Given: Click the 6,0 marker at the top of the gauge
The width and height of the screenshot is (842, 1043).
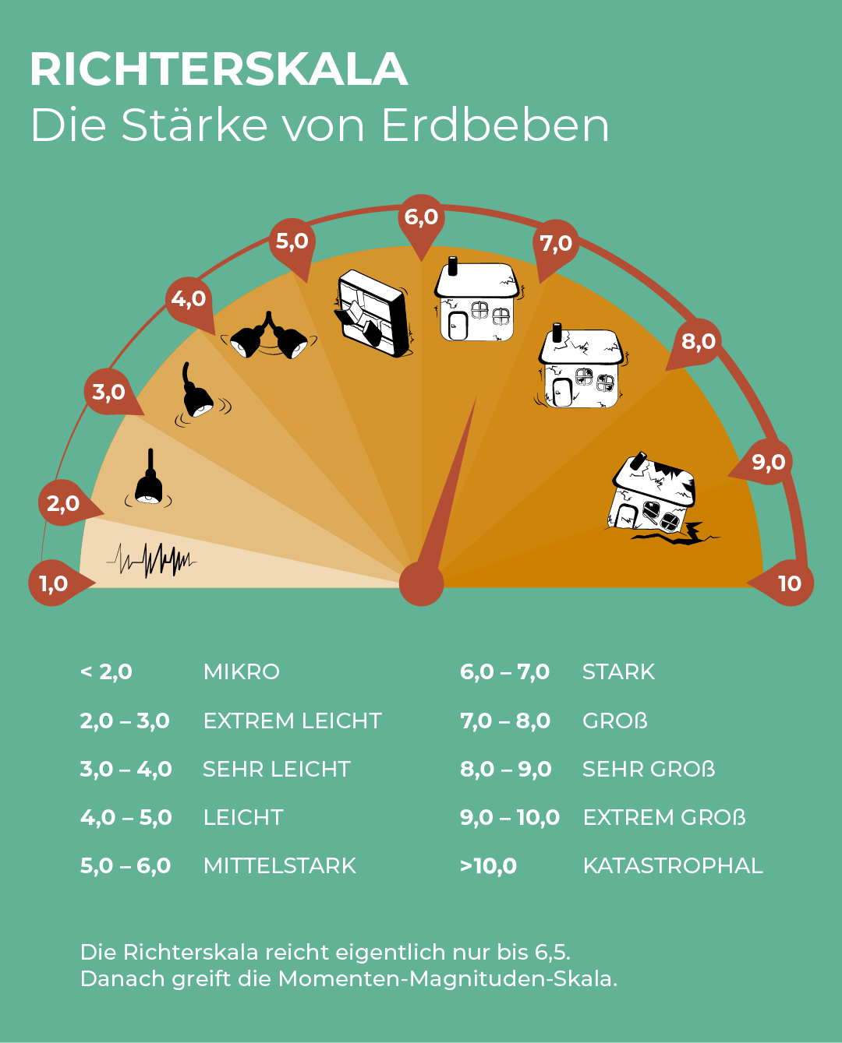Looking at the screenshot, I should click(x=421, y=217).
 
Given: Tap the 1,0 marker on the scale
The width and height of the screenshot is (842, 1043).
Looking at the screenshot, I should click(x=53, y=583).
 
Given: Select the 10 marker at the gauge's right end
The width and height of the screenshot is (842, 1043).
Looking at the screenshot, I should click(x=789, y=583).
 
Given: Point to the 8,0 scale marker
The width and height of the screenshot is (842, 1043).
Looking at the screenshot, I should click(x=698, y=341).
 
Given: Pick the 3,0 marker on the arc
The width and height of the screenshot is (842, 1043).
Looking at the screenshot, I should click(x=108, y=392).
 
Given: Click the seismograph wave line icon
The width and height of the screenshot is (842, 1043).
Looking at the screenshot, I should click(x=153, y=558).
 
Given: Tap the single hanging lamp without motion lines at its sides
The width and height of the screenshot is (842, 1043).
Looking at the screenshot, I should click(x=148, y=481).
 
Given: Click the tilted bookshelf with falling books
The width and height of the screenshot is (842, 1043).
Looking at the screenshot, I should click(x=373, y=313).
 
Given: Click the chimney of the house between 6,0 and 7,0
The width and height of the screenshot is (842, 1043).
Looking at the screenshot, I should click(x=452, y=266).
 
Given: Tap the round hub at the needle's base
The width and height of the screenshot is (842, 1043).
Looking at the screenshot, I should click(x=421, y=583).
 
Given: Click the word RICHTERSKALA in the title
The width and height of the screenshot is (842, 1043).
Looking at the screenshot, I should click(x=219, y=69).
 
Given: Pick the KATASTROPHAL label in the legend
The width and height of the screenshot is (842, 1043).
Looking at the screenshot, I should click(x=673, y=865).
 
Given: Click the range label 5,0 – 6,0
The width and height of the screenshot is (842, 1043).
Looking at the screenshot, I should click(x=126, y=865).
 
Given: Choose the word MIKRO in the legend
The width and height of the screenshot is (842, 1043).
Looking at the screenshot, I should click(x=241, y=671).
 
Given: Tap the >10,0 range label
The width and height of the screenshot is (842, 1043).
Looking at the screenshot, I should click(x=488, y=865).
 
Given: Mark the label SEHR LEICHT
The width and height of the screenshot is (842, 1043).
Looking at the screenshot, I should click(x=276, y=769).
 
